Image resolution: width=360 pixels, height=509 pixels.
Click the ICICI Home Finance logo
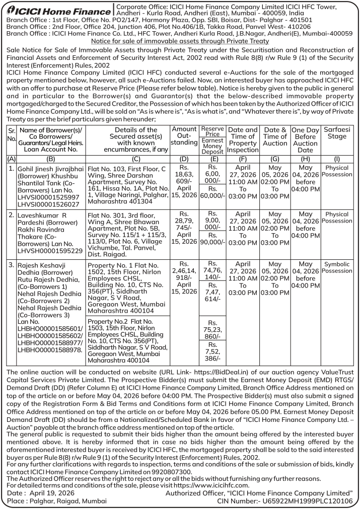tap(57, 10)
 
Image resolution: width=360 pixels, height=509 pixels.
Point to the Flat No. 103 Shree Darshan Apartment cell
tap(127, 186)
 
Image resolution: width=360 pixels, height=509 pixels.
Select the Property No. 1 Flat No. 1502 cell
tap(127, 287)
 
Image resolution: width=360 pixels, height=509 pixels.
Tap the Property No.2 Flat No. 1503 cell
tap(127, 340)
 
